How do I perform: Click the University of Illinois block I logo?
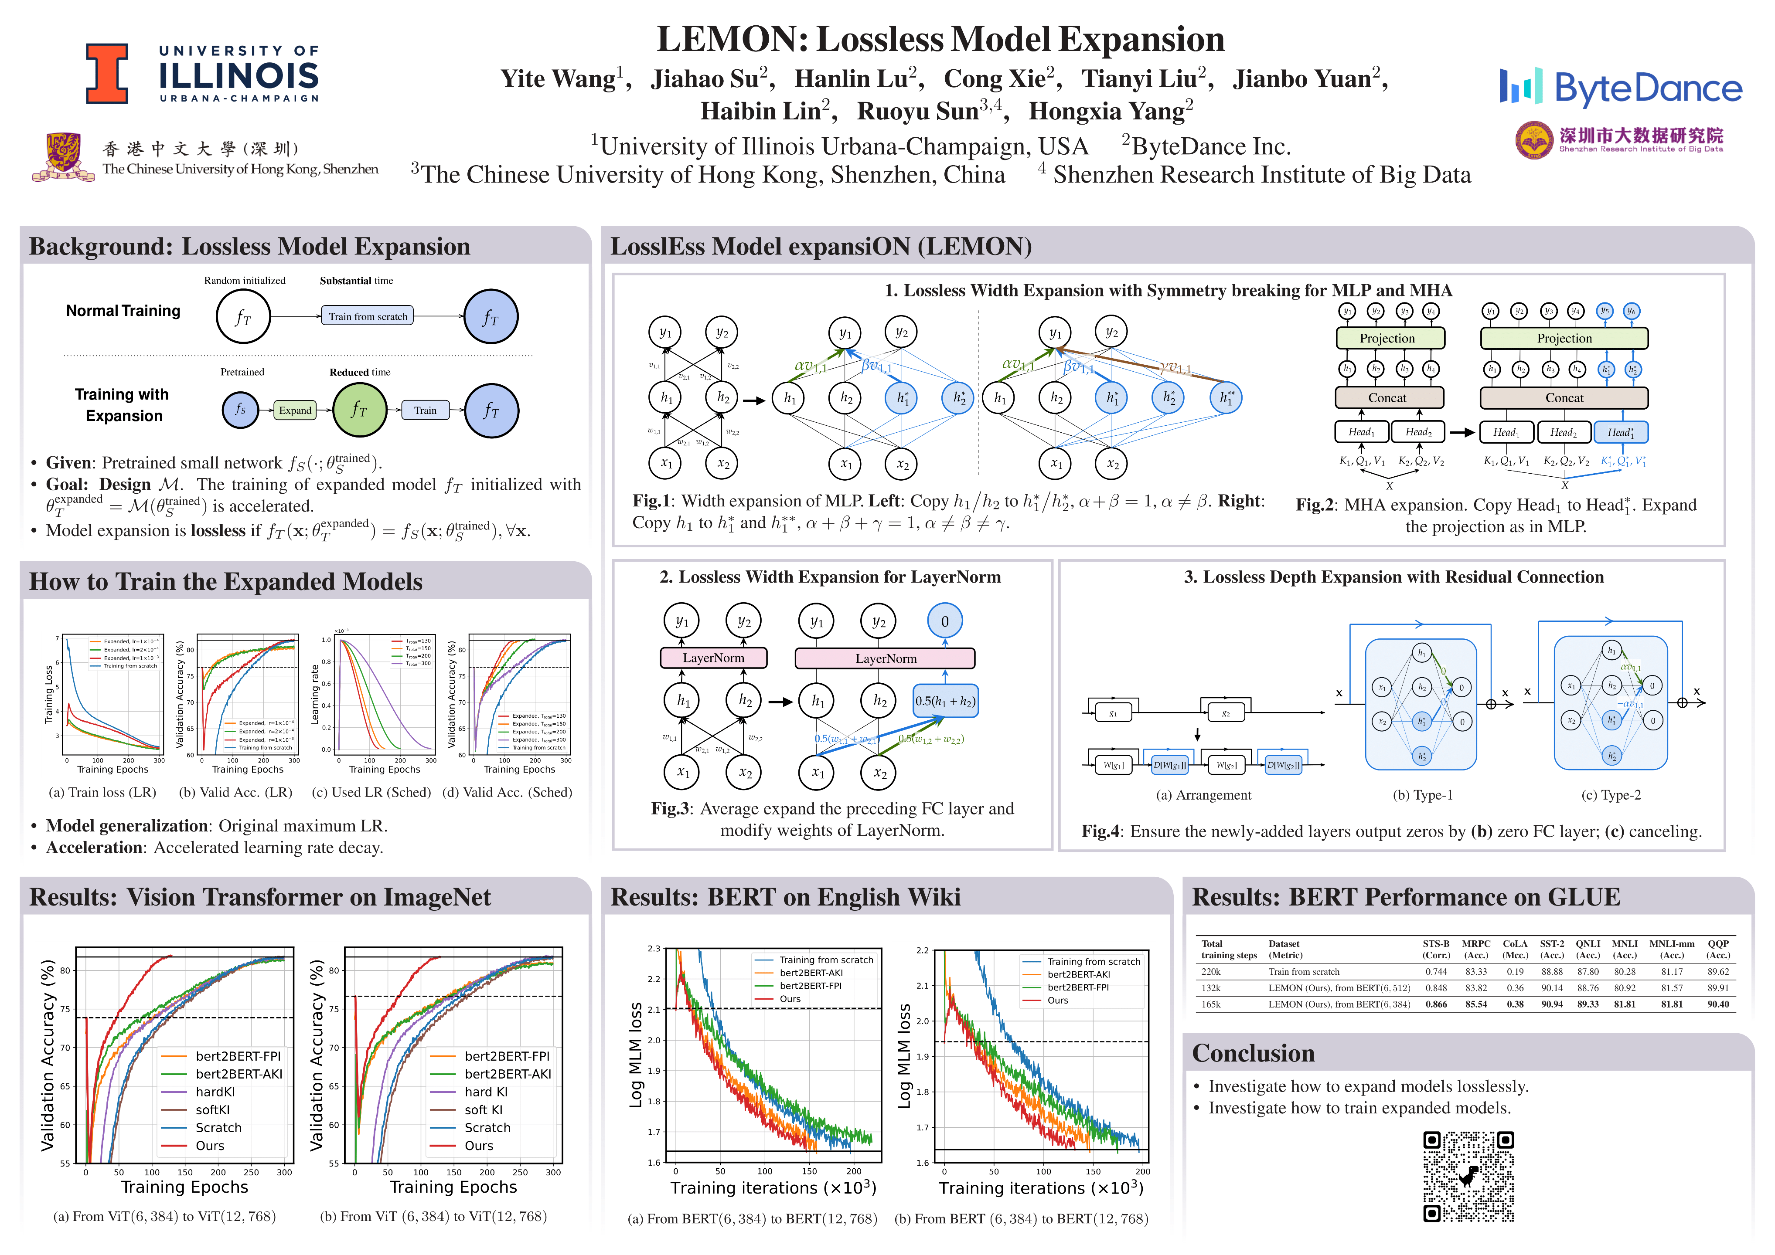pos(107,73)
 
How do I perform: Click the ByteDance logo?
pos(1620,87)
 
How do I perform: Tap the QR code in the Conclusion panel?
pos(1468,1176)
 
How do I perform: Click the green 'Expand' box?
pos(295,410)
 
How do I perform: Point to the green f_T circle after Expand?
pos(359,410)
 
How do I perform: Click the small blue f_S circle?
pos(240,410)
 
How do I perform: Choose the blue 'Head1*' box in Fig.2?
pos(1620,432)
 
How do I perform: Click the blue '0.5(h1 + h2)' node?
pos(945,701)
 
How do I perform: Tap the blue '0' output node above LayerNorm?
pos(945,621)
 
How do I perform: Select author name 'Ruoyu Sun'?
pos(918,111)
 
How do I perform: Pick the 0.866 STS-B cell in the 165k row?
pos(1436,1004)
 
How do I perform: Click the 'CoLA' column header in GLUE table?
pos(1514,943)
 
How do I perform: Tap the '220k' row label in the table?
pos(1211,971)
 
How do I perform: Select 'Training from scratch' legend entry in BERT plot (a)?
pos(826,960)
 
